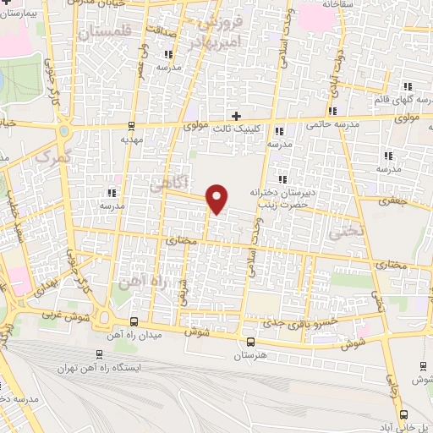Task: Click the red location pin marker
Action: pos(217,198)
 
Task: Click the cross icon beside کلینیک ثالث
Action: pos(236,115)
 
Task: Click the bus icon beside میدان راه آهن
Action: pos(134,321)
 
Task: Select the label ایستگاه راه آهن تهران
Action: pos(101,368)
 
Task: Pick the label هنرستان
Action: pos(249,358)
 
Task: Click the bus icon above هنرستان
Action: pos(249,343)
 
